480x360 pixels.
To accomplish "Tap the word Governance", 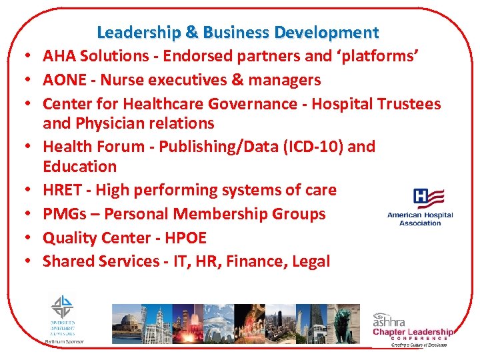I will pyautogui.click(x=252, y=104).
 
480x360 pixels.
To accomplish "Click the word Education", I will pyautogui.click(x=79, y=167).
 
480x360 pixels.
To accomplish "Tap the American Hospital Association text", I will pyautogui.click(x=420, y=219).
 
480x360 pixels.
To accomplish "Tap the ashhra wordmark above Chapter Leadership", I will pyautogui.click(x=390, y=320).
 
